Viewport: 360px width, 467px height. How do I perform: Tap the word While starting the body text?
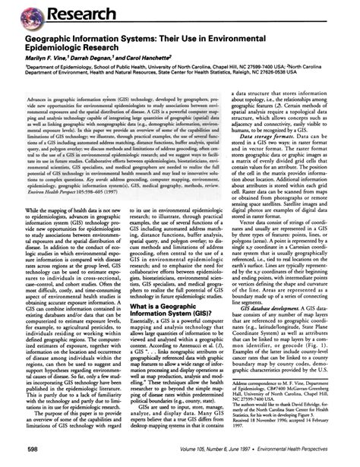23,207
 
